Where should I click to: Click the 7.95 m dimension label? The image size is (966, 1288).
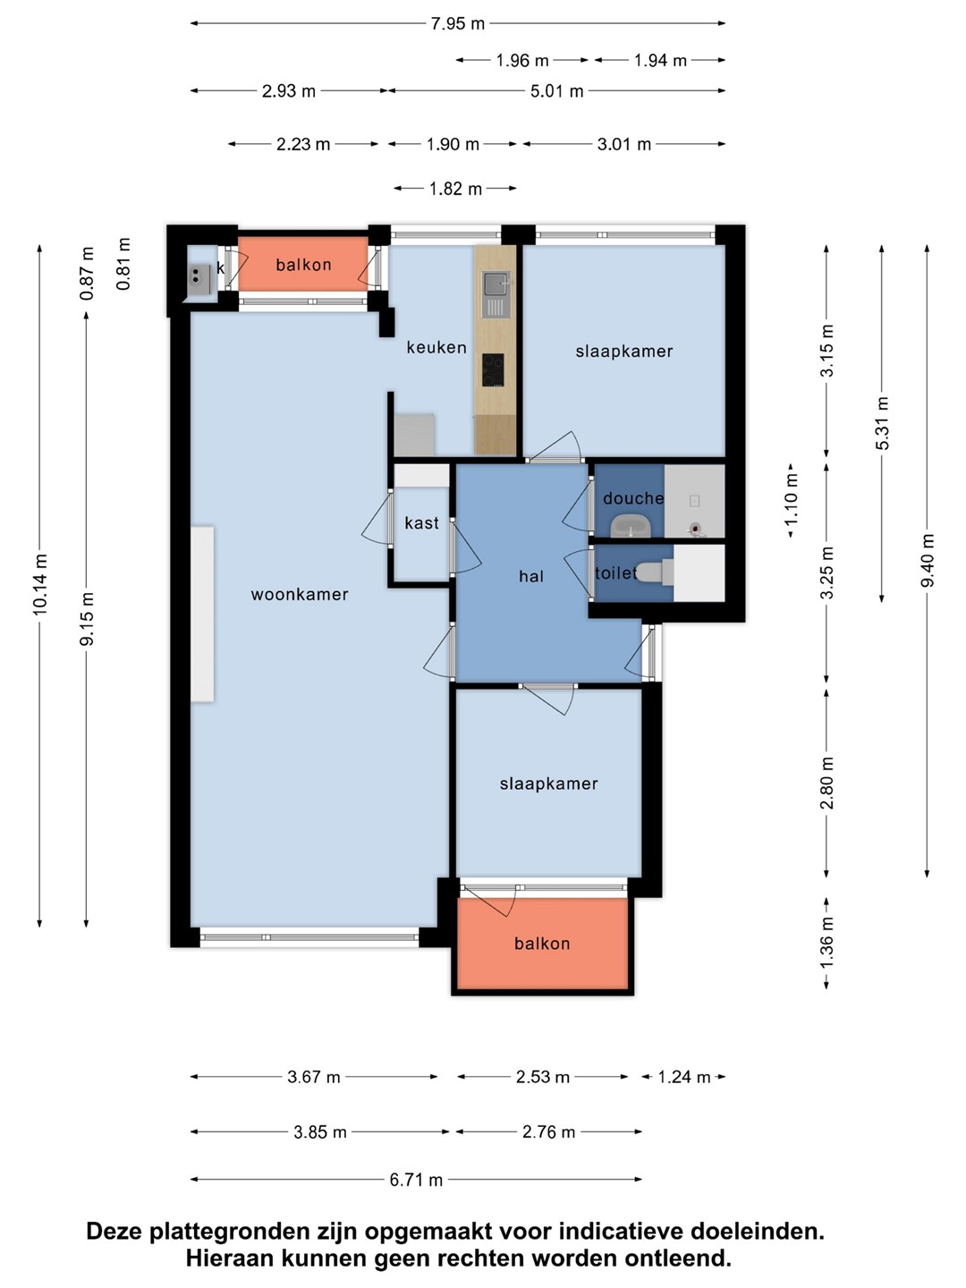point(457,24)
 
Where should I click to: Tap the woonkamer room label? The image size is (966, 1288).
point(300,595)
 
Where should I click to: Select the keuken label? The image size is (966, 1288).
point(436,347)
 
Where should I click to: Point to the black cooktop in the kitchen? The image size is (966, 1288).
point(493,369)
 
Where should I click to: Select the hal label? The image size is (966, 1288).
point(531,577)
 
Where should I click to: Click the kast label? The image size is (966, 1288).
point(421,523)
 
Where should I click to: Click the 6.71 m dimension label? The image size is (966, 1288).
point(416,1180)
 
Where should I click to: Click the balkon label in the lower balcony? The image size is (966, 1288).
point(542,944)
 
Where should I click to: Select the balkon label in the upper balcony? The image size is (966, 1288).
point(304,265)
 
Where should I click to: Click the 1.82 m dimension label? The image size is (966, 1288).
point(455,189)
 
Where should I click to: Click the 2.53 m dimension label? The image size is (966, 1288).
point(543,1077)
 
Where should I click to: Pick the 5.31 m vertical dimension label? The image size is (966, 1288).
point(882,423)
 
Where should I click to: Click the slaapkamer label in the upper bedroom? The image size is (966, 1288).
point(624,352)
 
